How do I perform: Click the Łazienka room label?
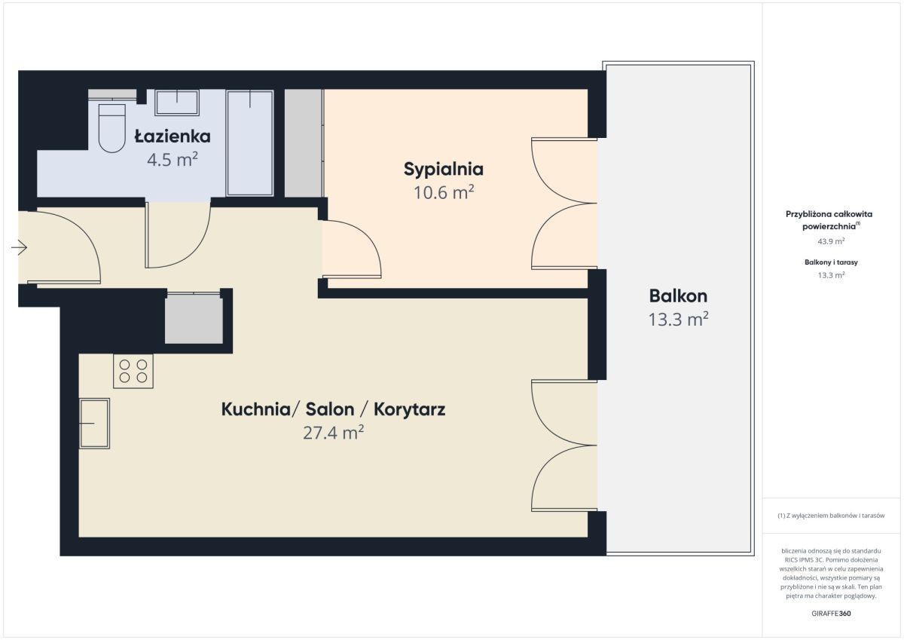(x=173, y=136)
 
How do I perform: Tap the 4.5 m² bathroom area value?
(x=173, y=160)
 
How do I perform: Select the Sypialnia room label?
(x=444, y=170)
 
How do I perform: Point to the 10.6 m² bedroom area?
(x=444, y=193)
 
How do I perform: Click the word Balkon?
(x=678, y=296)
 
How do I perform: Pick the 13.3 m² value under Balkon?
(x=678, y=320)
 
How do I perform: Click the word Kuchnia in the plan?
(x=255, y=409)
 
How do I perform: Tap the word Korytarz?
(x=410, y=409)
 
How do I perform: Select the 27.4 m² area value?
(x=333, y=433)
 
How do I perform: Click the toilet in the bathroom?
(x=111, y=128)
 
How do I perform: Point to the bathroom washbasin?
(x=177, y=103)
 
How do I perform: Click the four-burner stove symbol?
(x=133, y=371)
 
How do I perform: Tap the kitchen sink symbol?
(x=94, y=424)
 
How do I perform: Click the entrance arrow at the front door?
(x=19, y=247)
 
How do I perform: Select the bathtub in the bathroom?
(x=250, y=143)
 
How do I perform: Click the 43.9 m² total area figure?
(x=831, y=241)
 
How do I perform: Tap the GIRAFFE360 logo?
(x=831, y=614)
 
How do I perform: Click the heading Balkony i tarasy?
(x=831, y=262)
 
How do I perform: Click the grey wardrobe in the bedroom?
(x=304, y=143)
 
